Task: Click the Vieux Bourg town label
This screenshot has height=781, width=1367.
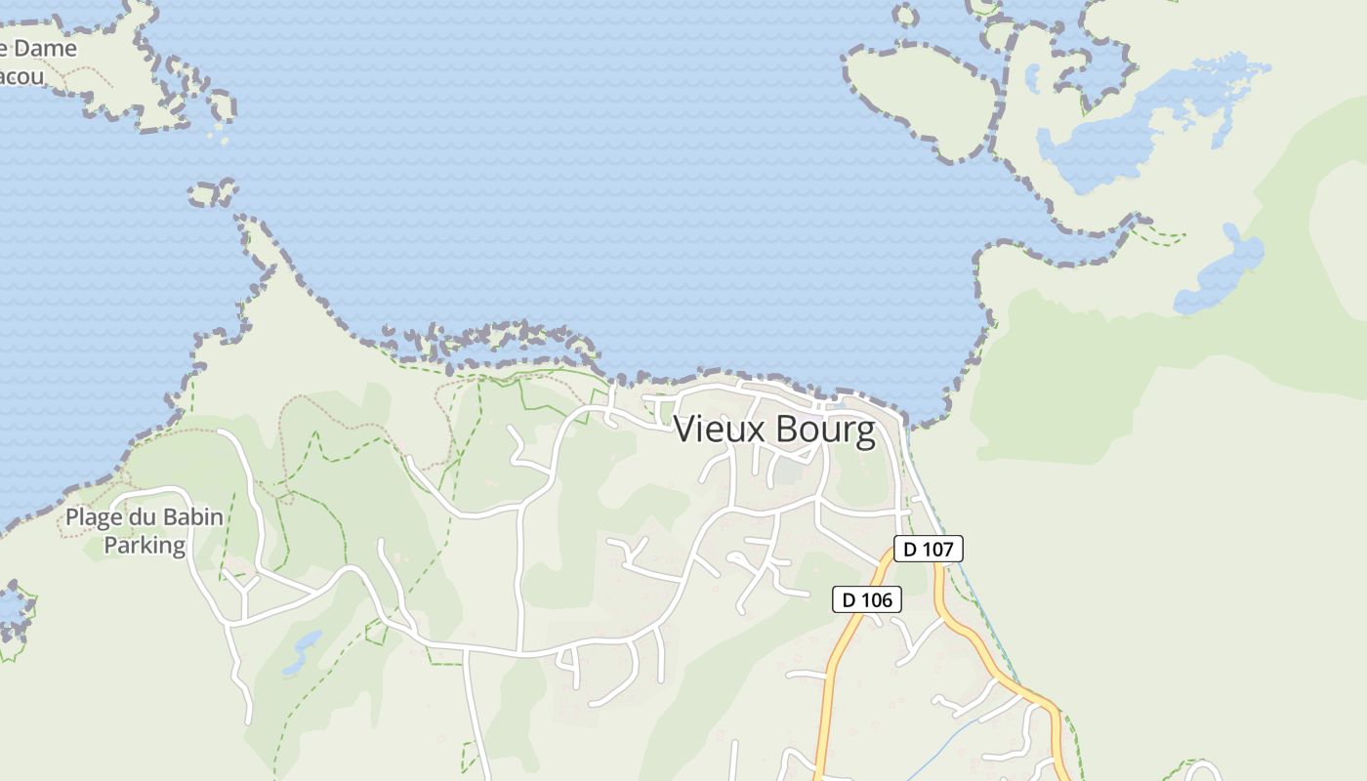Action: pyautogui.click(x=774, y=430)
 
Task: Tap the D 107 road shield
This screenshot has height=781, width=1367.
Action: pyautogui.click(x=928, y=549)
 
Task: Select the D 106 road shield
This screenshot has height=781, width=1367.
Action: pyautogui.click(x=866, y=599)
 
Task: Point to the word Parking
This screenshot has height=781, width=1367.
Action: pyautogui.click(x=145, y=545)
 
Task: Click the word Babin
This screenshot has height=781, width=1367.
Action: pyautogui.click(x=191, y=517)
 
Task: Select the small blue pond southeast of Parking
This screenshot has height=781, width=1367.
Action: pyautogui.click(x=303, y=652)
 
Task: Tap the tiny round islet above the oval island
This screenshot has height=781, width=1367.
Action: pyautogui.click(x=905, y=15)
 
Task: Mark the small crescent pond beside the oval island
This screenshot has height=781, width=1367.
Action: pyautogui.click(x=1032, y=78)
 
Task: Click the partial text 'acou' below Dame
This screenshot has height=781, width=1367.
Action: pyautogui.click(x=21, y=76)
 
